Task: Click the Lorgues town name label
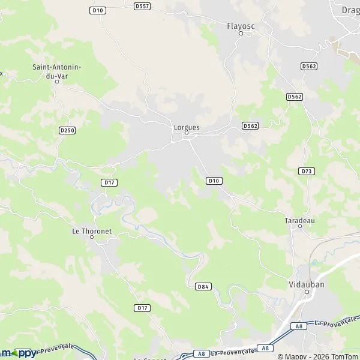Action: pos(186,127)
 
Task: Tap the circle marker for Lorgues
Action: pos(186,133)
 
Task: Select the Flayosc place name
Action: pos(241,26)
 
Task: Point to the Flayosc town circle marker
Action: pos(241,33)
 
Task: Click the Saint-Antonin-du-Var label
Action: pos(58,72)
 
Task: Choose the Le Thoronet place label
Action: pos(92,230)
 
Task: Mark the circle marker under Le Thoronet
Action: pos(92,237)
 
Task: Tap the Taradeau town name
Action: pos(299,220)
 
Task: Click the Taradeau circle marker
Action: pos(299,227)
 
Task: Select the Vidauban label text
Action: pos(306,284)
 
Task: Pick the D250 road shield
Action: pos(67,130)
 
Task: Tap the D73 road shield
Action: pos(306,171)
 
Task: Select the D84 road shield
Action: pos(203,287)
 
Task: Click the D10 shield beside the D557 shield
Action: pos(97,10)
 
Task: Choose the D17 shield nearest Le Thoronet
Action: pos(109,182)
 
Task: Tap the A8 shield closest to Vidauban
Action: pos(299,326)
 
